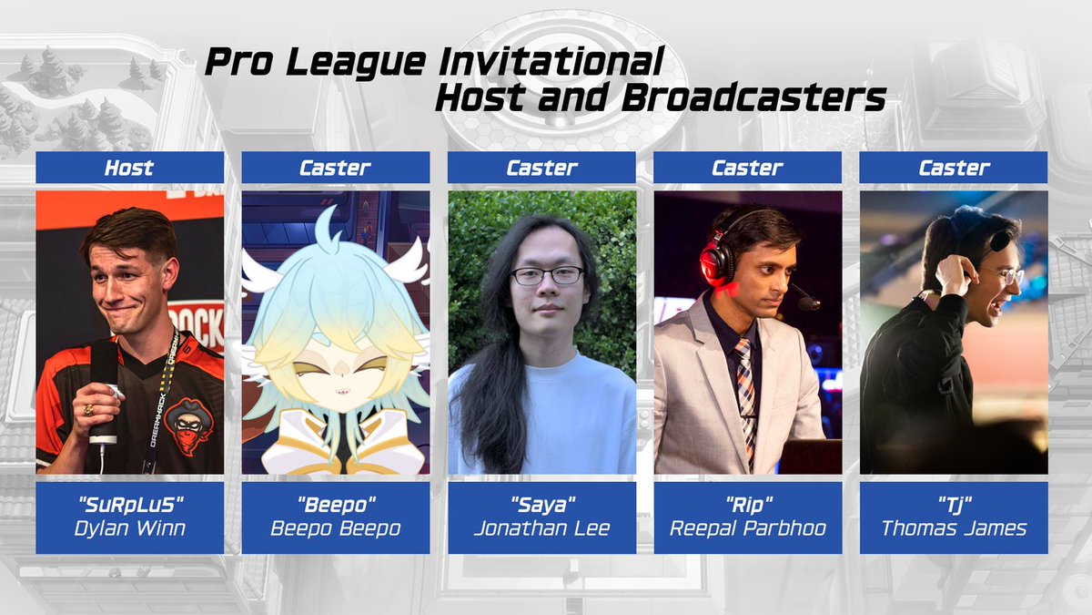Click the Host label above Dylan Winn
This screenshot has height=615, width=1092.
click(129, 168)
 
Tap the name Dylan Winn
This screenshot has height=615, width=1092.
click(129, 528)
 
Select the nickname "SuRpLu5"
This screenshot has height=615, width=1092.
click(129, 502)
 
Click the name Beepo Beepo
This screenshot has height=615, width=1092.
click(335, 528)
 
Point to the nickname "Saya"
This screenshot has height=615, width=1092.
click(541, 502)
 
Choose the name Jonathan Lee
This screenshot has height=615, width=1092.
click(541, 528)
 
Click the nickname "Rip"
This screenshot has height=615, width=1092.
click(747, 502)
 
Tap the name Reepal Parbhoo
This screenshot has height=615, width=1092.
click(747, 528)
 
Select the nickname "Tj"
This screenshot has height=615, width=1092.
click(953, 502)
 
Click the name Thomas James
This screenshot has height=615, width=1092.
click(953, 528)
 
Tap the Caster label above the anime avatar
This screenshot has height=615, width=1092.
click(335, 168)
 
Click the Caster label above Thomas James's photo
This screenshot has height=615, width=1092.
click(953, 168)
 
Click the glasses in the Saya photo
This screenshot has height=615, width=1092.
click(547, 274)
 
